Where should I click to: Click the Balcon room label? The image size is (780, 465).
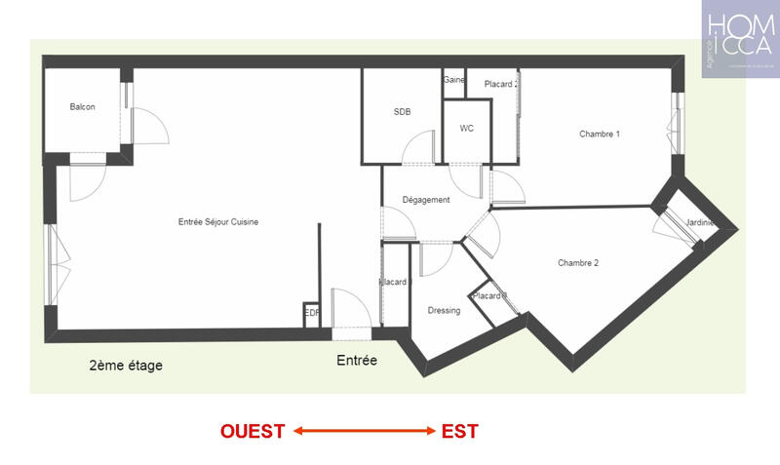tap(82, 107)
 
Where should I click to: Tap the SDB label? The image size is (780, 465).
tap(402, 112)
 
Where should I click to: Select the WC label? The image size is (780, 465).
tap(466, 128)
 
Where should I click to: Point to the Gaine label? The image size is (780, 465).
tap(453, 80)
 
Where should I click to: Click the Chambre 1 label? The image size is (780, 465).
tap(599, 134)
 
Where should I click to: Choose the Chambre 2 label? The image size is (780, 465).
tap(577, 263)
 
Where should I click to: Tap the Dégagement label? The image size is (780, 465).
tap(426, 200)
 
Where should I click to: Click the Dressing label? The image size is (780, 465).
tap(444, 311)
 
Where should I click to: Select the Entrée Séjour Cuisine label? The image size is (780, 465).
tap(217, 221)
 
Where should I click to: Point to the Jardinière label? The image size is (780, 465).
tap(700, 222)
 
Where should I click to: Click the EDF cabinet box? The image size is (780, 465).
tap(312, 313)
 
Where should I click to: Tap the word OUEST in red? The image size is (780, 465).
tap(253, 431)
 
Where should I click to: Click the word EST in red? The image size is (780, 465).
tap(459, 431)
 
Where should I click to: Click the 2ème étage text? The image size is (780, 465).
tap(126, 367)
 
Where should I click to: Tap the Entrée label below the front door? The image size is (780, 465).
tap(357, 361)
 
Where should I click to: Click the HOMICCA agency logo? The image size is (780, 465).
tap(740, 39)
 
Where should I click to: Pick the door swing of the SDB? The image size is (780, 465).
tap(420, 146)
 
